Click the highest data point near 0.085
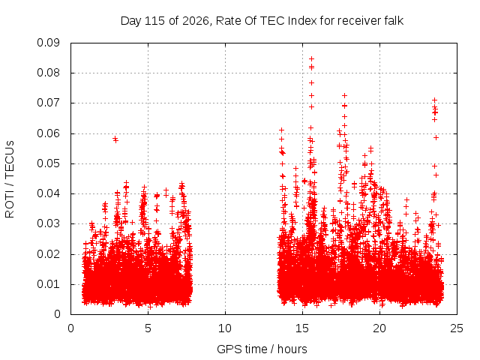312,58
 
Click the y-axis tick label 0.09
48,43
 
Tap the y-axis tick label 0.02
48,254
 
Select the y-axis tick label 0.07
48,103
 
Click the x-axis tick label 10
225,328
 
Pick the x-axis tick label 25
457,328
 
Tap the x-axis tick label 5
148,328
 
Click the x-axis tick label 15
302,328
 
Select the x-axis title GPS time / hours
262,349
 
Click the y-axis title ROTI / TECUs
10,179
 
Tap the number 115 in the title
155,21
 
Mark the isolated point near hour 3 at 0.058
115,139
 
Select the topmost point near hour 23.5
434,100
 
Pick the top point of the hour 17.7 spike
344,95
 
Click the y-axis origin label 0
57,315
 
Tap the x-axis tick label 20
379,328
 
